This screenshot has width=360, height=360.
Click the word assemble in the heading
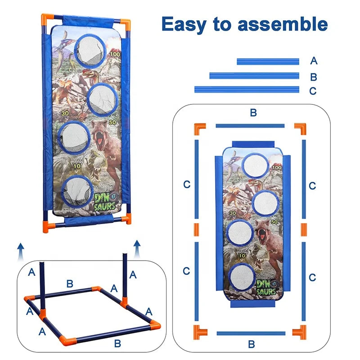pyautogui.click(x=283, y=24)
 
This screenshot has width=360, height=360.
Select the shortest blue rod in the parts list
pyautogui.click(x=268, y=62)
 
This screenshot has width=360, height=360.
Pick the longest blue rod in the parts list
pyautogui.click(x=247, y=89)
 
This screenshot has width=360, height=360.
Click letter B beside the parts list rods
pyautogui.click(x=313, y=77)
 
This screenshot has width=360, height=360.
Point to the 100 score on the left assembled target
pyautogui.click(x=115, y=54)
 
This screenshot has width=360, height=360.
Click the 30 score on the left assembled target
pyautogui.click(x=65, y=113)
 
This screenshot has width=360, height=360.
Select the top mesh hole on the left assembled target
pyautogui.click(x=90, y=51)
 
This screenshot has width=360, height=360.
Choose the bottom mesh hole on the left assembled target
pyautogui.click(x=77, y=191)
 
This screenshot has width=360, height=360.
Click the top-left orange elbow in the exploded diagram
pyautogui.click(x=199, y=128)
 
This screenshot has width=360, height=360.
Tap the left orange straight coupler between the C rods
pyautogui.click(x=197, y=230)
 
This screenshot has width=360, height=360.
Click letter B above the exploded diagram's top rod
pyautogui.click(x=253, y=113)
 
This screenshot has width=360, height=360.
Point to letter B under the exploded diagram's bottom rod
pyautogui.click(x=252, y=344)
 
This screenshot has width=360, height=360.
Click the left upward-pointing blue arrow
pyautogui.click(x=21, y=252)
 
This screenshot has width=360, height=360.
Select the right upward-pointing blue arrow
pyautogui.click(x=137, y=249)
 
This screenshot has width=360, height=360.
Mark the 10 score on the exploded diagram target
pyautogui.click(x=242, y=256)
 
